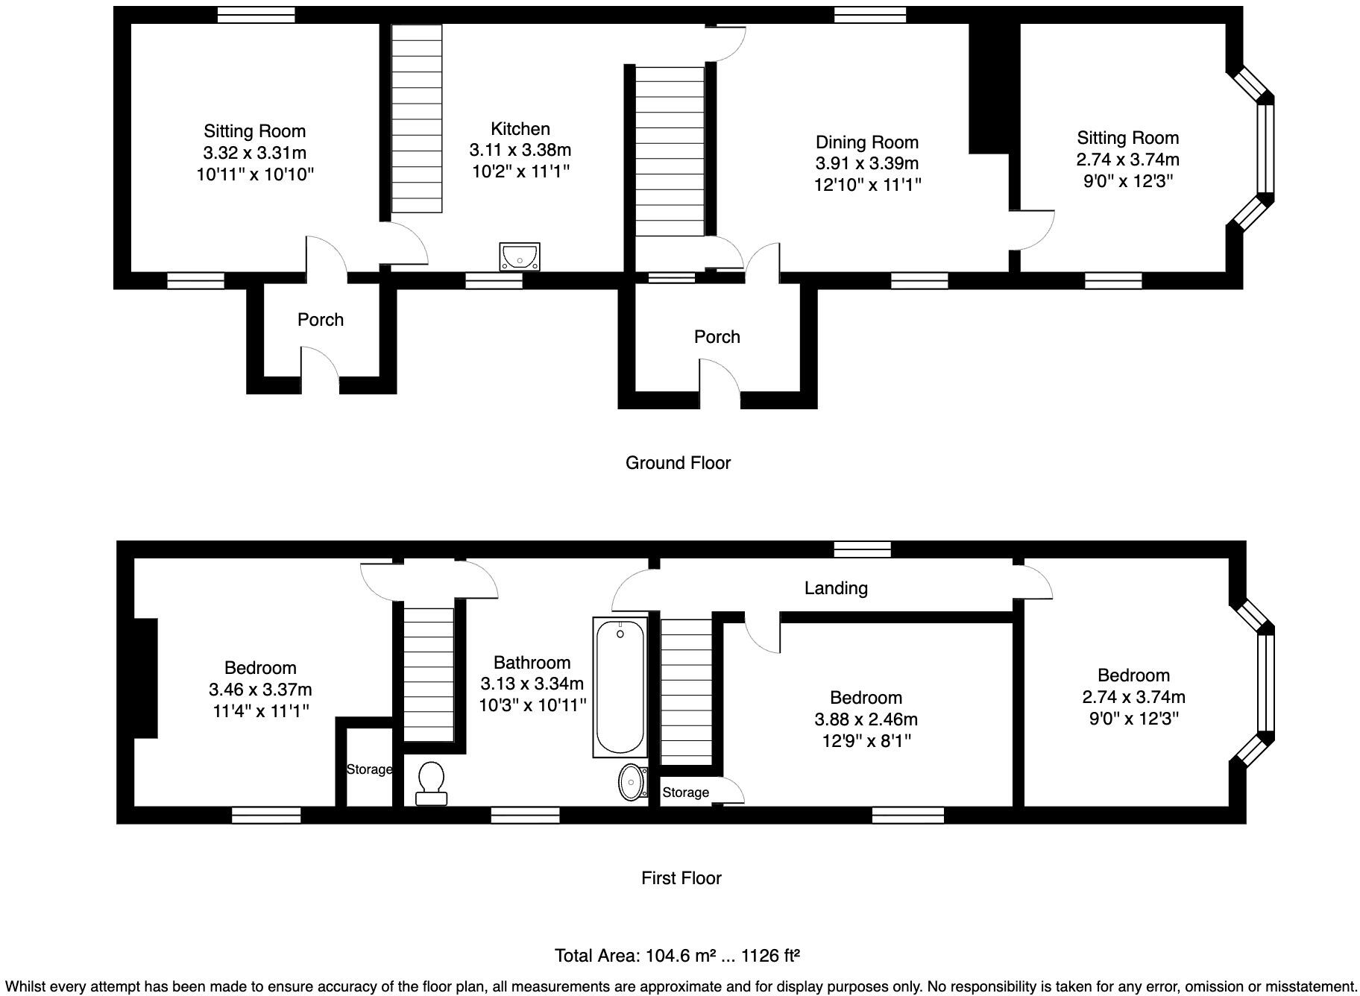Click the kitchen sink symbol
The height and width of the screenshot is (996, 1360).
[x=520, y=257]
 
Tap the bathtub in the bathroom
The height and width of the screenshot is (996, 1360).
[x=620, y=687]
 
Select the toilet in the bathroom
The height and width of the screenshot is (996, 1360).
[x=431, y=784]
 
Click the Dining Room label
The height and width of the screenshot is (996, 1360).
[x=866, y=142]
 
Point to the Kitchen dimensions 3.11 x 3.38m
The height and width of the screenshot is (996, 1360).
[x=520, y=150]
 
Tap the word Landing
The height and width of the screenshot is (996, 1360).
[x=836, y=588]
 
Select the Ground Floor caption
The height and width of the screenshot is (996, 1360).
[x=678, y=463]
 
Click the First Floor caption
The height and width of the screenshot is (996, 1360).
[x=681, y=878]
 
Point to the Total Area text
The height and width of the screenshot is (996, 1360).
[x=677, y=956]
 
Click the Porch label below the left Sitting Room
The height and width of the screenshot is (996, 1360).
[x=321, y=320]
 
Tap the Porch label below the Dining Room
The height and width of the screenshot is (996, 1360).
[x=717, y=337]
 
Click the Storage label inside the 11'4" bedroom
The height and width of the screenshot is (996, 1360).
[x=369, y=769]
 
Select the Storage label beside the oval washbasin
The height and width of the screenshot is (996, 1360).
[x=685, y=792]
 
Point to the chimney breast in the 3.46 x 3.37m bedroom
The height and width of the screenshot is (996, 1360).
[x=145, y=678]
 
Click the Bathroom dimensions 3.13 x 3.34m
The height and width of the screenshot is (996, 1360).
[x=532, y=684]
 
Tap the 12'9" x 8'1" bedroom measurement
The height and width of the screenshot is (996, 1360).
[x=866, y=741]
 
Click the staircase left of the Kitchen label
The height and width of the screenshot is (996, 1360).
[x=416, y=119]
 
